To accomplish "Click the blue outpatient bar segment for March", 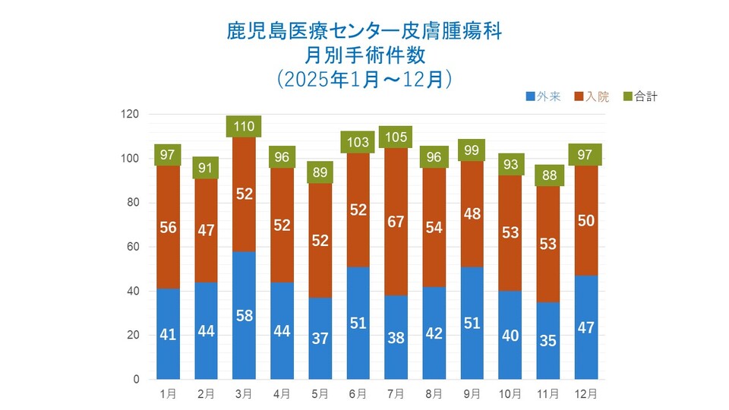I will click(x=245, y=315).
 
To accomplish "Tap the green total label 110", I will click(x=245, y=126).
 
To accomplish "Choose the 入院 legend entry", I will click(x=592, y=96).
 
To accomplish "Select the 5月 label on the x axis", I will click(x=320, y=394).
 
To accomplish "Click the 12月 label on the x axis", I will click(x=585, y=394).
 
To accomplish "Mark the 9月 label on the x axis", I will click(x=472, y=394).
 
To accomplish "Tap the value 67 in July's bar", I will click(x=396, y=222).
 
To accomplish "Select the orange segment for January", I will click(x=169, y=228).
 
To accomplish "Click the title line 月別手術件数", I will click(x=364, y=55).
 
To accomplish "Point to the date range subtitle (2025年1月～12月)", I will click(x=364, y=78).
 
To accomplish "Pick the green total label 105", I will click(x=396, y=137).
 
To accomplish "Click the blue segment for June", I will click(x=358, y=323).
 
